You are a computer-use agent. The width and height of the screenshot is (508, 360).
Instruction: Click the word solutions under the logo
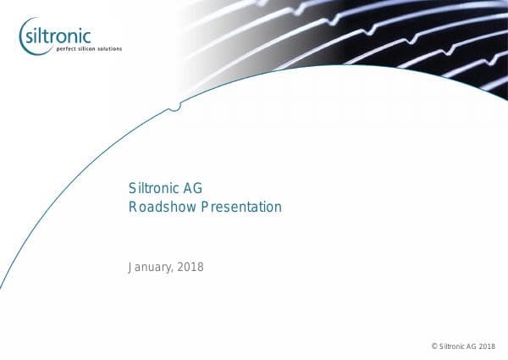coord(109,49)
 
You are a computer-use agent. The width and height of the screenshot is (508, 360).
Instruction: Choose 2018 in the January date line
coord(190,268)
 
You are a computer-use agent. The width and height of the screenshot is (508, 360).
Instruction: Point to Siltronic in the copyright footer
coord(451,346)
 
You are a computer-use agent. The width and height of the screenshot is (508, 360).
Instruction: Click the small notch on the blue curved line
coord(174,108)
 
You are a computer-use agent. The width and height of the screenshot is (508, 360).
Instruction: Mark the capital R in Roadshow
coord(133,207)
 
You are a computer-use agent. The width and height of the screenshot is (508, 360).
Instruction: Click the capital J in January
coord(131,268)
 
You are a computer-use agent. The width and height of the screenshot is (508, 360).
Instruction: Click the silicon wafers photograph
coord(356,38)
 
